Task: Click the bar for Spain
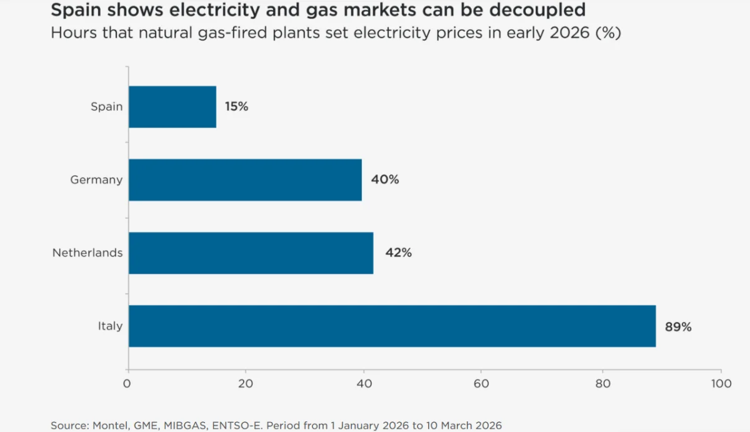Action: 172,107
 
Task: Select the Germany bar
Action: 245,180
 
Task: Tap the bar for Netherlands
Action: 251,253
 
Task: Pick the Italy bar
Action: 392,326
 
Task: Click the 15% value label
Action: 236,107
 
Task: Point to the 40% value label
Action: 384,180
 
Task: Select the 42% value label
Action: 397,253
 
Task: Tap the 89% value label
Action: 678,326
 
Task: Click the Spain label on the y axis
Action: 106,107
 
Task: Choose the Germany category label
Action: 96,180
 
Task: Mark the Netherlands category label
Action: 87,253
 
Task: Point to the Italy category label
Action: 110,326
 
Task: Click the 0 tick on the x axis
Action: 128,384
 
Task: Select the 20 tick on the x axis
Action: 246,384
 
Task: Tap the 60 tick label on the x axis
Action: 481,384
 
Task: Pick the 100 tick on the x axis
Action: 721,384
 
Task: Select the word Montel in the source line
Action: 110,425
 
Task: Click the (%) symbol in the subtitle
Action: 607,33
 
